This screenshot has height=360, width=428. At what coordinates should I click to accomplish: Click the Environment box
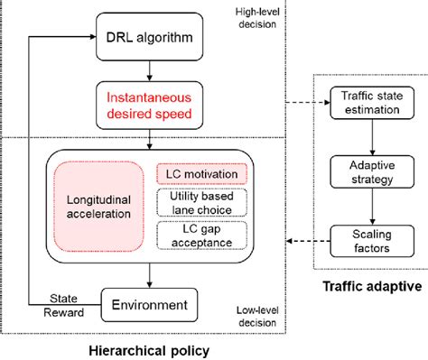[149, 304]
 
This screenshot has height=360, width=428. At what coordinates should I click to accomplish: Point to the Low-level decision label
[259, 316]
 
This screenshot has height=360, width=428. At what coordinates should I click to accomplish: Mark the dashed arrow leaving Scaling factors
[307, 241]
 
